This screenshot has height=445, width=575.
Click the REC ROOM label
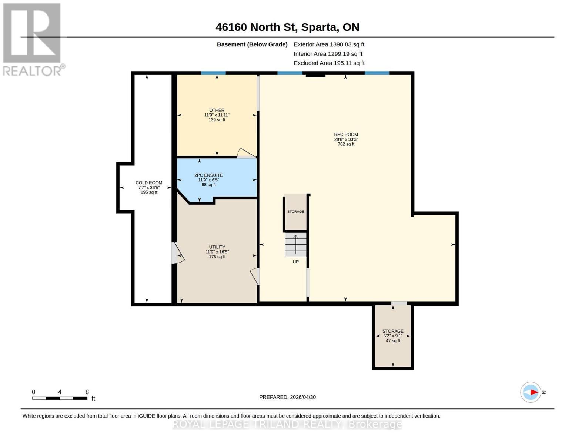click(346, 139)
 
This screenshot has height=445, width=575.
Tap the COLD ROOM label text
click(149, 187)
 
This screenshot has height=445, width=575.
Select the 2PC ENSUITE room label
click(208, 180)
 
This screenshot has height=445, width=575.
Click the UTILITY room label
click(217, 252)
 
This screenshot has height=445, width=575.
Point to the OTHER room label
click(217, 115)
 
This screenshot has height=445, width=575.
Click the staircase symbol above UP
click(295, 244)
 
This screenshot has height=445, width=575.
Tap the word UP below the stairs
click(295, 262)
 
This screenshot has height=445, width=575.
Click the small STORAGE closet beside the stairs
click(295, 212)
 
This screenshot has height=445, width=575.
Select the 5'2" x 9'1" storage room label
click(393, 336)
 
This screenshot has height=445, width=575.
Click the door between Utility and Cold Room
click(177, 253)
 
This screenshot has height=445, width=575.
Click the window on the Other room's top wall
click(213, 73)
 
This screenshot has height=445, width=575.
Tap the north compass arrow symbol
click(531, 392)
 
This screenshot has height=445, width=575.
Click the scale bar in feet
click(60, 398)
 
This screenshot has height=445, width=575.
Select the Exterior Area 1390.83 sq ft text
click(329, 44)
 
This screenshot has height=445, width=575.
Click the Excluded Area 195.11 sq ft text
click(329, 63)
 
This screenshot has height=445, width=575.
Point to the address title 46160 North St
click(287, 27)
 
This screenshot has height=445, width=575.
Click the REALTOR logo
click(33, 39)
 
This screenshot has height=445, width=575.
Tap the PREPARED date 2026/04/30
click(287, 397)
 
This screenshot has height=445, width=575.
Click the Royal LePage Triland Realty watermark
click(287, 424)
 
